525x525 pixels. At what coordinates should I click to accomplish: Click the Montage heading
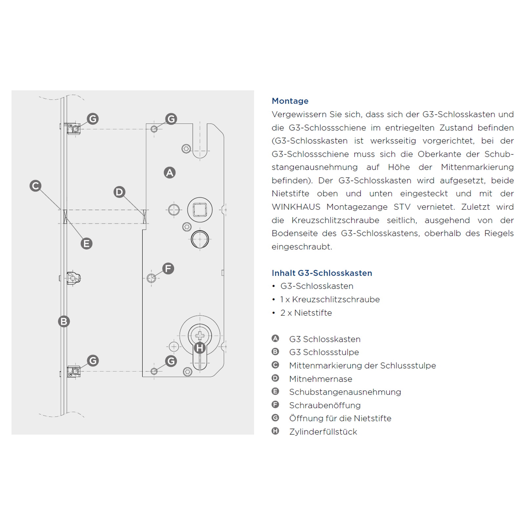(290, 101)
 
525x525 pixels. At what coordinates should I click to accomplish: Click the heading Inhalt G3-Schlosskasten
(322, 273)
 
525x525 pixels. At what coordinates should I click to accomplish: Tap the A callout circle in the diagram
(170, 173)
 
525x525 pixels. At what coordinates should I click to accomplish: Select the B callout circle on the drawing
(64, 321)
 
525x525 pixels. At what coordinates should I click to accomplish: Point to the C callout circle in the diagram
(35, 186)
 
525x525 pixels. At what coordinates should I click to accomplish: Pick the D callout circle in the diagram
(119, 192)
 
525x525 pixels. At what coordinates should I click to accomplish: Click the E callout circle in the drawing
(87, 243)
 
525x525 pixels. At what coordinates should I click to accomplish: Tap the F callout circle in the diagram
(168, 268)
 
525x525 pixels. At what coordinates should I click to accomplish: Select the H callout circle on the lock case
(199, 347)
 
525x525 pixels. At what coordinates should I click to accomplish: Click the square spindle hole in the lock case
(200, 210)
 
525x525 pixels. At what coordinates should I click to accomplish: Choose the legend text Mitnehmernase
(321, 379)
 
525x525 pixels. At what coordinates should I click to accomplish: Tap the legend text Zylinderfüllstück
(323, 432)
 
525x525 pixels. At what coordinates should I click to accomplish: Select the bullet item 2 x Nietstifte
(306, 313)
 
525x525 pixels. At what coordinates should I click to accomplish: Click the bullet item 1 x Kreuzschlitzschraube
(330, 300)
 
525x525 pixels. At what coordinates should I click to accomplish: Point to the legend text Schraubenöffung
(325, 406)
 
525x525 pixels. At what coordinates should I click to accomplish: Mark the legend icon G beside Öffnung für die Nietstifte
(275, 418)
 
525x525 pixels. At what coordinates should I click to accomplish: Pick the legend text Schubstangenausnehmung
(345, 392)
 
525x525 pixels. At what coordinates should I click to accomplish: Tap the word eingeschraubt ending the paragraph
(302, 247)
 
